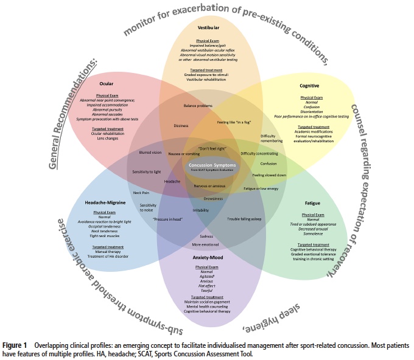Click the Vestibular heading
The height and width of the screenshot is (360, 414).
click(209, 28)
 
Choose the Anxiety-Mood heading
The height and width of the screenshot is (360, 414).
click(209, 257)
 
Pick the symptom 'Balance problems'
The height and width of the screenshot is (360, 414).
click(197, 106)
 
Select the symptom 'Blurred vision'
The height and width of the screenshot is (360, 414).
click(150, 153)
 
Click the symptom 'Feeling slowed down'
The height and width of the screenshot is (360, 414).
click(269, 175)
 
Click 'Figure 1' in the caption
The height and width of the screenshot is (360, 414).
click(16, 345)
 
